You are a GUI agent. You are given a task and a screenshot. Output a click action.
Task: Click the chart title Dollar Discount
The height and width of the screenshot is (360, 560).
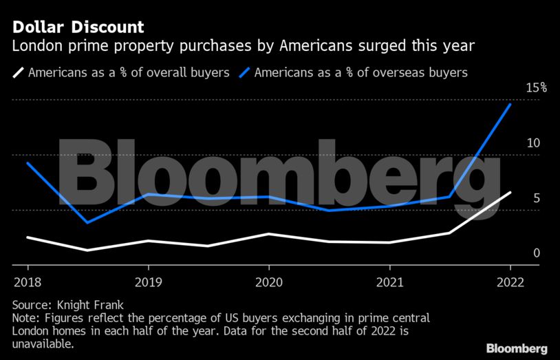coord(78,28)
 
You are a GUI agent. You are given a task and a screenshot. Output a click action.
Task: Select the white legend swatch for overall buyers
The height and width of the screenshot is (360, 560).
coord(18,72)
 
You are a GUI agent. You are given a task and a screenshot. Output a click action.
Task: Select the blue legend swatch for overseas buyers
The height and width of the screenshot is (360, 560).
coord(244,72)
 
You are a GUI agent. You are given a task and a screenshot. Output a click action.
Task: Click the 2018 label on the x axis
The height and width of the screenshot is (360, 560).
coord(28,282)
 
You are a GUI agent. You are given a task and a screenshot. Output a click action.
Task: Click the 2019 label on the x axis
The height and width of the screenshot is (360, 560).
coord(148,282)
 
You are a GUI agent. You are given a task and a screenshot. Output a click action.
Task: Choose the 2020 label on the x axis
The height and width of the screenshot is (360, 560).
coord(268,282)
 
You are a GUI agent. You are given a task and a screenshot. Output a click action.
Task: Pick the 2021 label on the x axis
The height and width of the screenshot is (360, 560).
coord(389,282)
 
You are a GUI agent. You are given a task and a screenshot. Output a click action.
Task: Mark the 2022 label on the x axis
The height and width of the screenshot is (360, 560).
coord(510,282)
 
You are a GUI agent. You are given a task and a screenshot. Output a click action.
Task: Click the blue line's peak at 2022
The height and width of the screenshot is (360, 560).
coord(510,104)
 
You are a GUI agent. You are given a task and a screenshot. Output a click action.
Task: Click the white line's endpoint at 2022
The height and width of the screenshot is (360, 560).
coord(510,193)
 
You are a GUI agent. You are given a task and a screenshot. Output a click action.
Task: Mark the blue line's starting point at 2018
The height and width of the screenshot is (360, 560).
coord(28,163)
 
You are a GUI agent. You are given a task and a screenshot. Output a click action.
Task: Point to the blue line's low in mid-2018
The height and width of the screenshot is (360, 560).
coord(87,222)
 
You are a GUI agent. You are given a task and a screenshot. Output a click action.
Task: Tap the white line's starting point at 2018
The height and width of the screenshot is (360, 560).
coord(28,237)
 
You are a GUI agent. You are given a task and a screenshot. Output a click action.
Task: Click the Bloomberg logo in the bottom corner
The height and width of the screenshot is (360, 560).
coord(517,348)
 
